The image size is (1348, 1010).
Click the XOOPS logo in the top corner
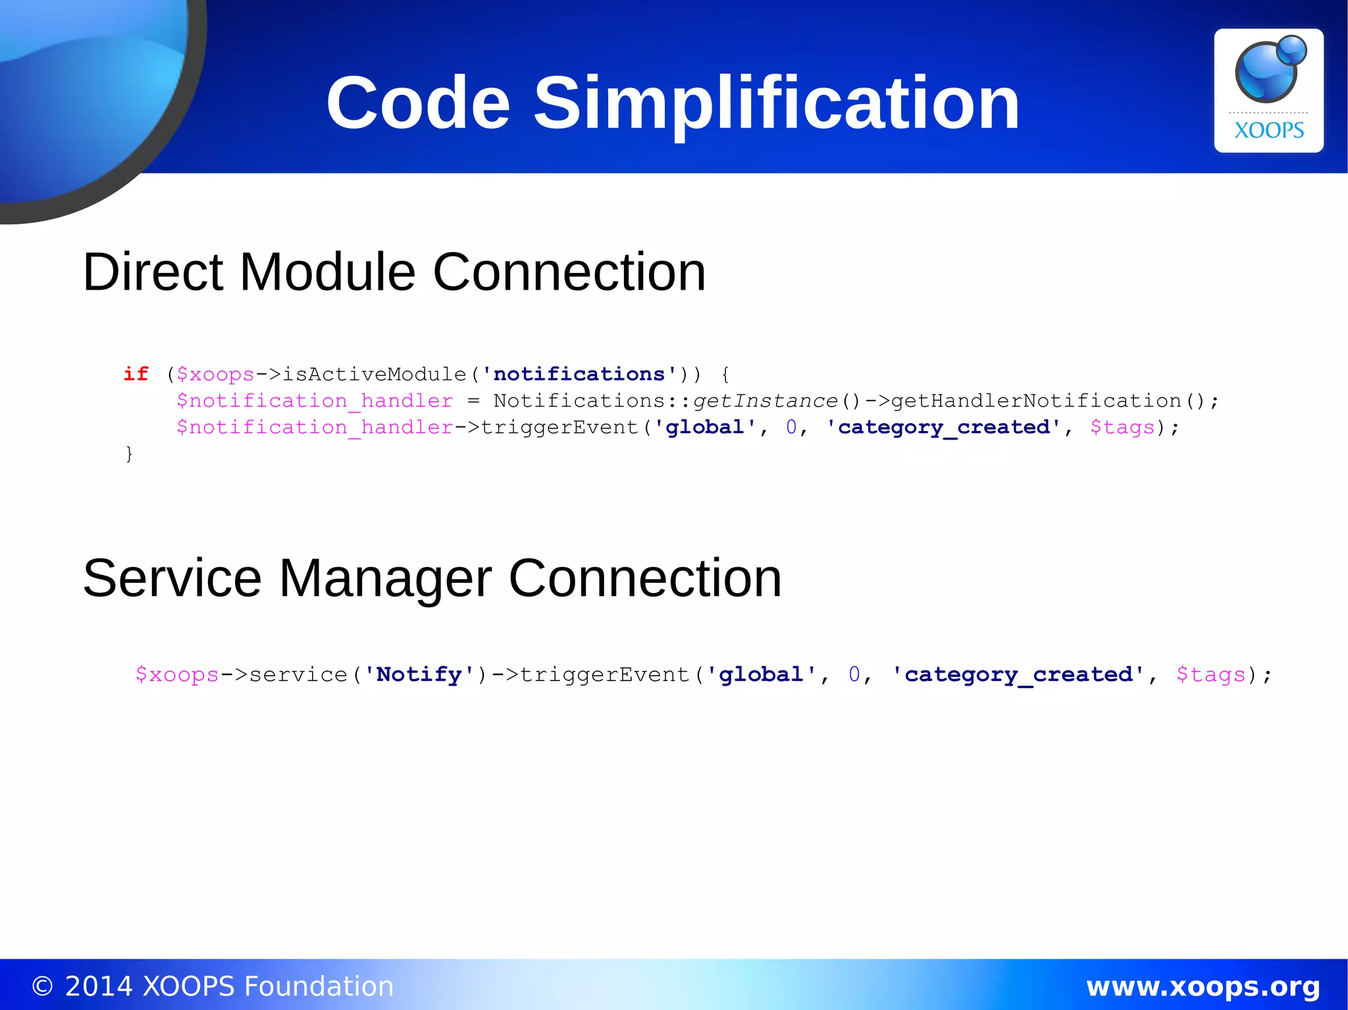pos(1268,90)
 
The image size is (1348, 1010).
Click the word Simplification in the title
pos(776,103)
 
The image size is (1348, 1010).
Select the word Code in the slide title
pos(418,103)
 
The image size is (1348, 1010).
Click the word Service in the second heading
pos(172,578)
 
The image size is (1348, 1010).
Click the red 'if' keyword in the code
pos(136,374)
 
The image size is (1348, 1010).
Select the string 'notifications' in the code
pos(579,374)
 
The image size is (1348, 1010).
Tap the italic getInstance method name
pos(765,401)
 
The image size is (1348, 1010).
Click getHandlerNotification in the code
pos(1036,401)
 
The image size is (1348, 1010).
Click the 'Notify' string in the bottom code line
pos(419,674)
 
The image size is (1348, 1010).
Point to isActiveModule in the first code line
pos(374,374)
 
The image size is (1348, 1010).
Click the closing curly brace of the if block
pos(129,453)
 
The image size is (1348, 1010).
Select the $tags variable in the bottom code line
pos(1211,674)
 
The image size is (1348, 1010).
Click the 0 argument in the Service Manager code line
pos(854,674)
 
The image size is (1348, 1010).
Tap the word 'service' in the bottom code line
pos(298,674)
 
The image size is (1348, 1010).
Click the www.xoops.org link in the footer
pos(1203,987)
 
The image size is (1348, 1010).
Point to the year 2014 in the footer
pos(99,987)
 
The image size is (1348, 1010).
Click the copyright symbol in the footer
pos(42,987)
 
